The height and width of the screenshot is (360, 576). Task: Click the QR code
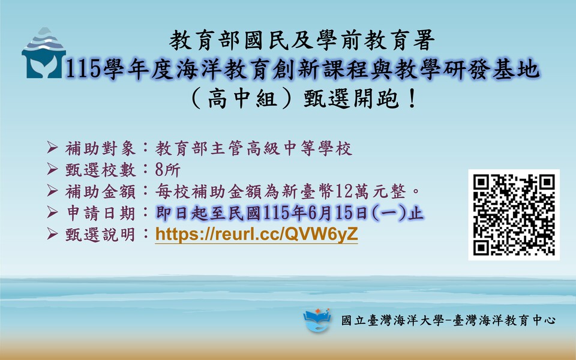514,214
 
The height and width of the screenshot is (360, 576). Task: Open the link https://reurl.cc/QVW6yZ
256,235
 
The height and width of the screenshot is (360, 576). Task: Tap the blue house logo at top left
43,54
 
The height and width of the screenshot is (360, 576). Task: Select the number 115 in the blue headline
80,71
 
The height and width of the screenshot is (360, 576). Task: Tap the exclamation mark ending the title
411,98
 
